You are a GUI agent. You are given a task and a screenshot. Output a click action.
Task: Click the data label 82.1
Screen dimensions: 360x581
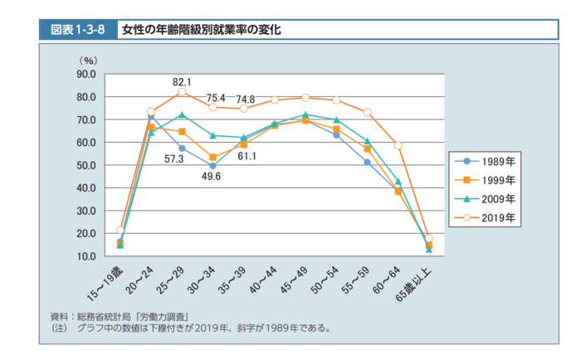pos(182,81)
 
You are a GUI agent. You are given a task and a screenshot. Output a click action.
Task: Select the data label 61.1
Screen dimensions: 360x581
pos(247,156)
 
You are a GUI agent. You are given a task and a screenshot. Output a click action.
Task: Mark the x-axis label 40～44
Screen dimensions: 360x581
pos(262,280)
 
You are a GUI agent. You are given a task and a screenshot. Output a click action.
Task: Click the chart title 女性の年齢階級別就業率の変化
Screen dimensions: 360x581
pos(202,30)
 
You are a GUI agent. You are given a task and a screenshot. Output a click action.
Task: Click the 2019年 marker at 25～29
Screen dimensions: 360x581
pos(182,92)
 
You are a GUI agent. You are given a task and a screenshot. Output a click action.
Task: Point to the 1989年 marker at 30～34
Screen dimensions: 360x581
pos(212,166)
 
